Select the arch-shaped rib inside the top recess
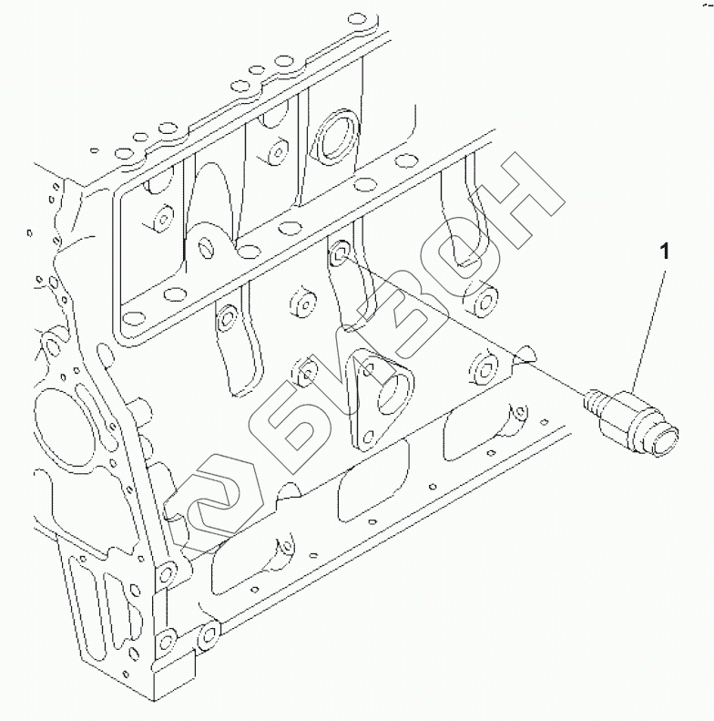point(215,188)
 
